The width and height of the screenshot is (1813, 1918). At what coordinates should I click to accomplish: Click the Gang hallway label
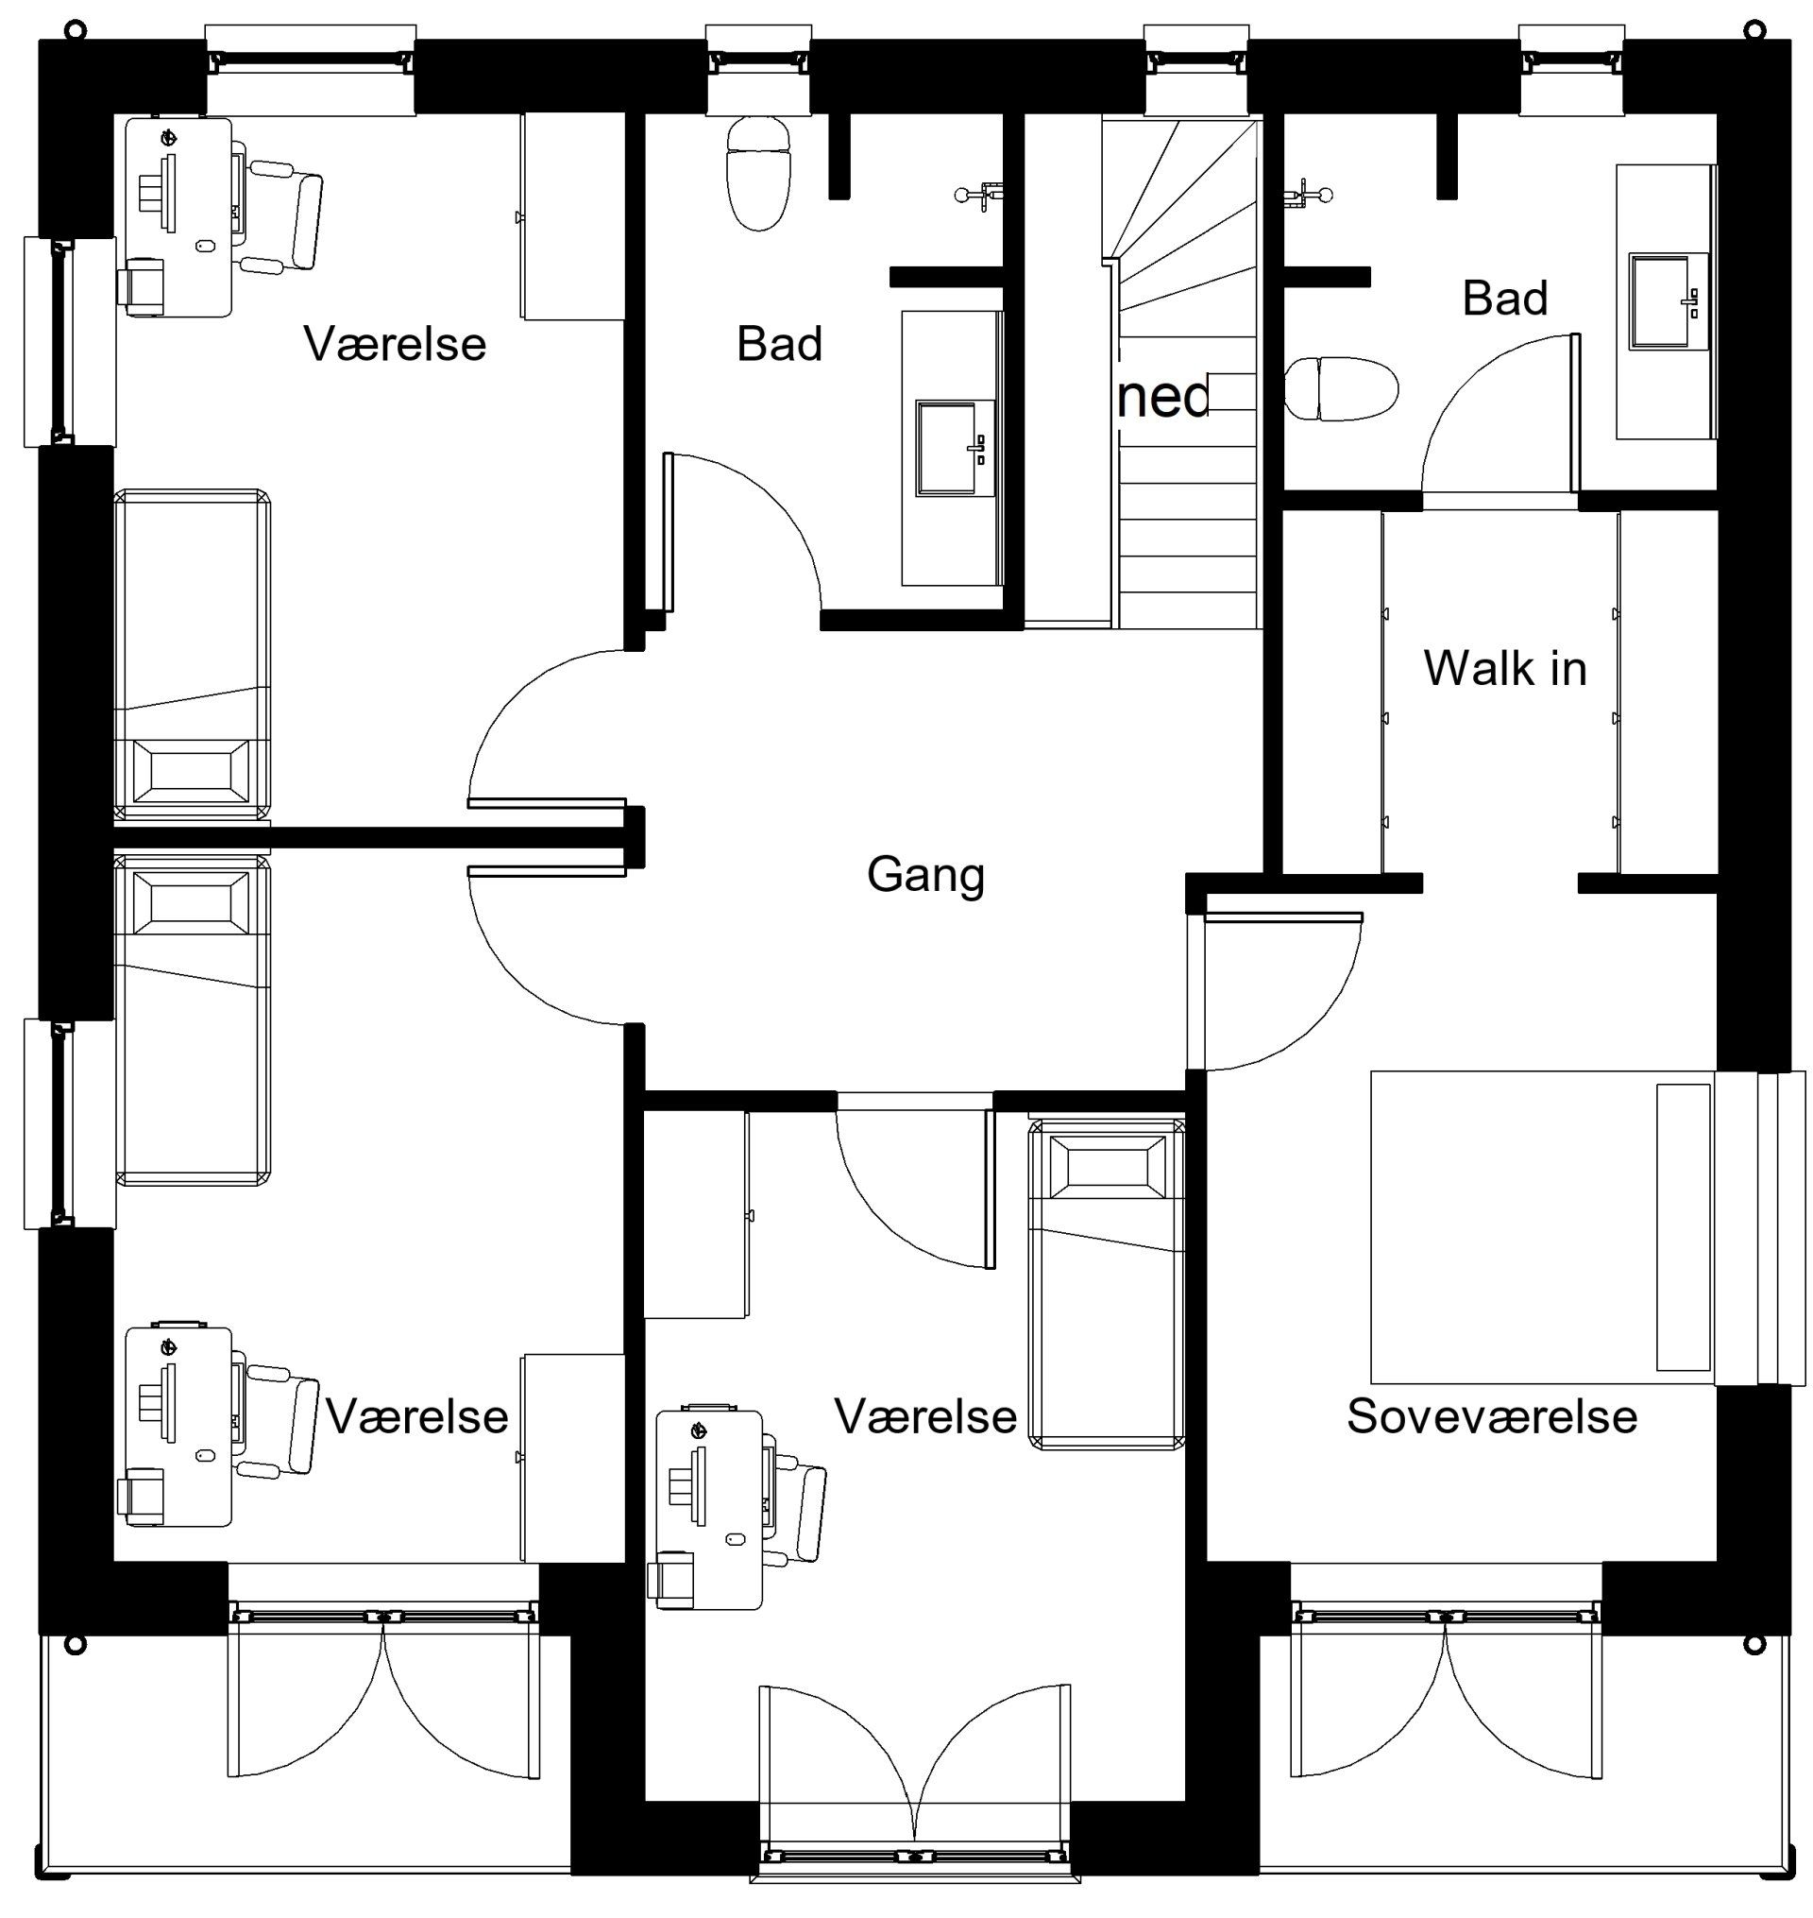[x=924, y=876]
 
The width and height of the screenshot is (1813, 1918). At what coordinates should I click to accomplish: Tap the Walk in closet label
[x=1505, y=668]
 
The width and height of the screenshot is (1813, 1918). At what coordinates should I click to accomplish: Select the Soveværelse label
[x=1492, y=1417]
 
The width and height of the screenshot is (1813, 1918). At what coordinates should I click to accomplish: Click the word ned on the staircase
[x=1162, y=398]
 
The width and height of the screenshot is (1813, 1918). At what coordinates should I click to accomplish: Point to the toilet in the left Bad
[x=759, y=174]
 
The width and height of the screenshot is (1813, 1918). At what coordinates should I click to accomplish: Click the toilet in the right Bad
[x=1343, y=388]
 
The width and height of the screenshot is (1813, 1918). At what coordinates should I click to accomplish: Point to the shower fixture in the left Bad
[x=979, y=195]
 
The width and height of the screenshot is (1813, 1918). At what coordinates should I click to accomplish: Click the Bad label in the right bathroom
[x=1505, y=298]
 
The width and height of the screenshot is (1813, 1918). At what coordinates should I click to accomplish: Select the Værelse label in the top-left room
[x=396, y=344]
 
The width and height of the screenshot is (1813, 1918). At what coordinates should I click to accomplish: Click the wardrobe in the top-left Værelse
[x=573, y=216]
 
